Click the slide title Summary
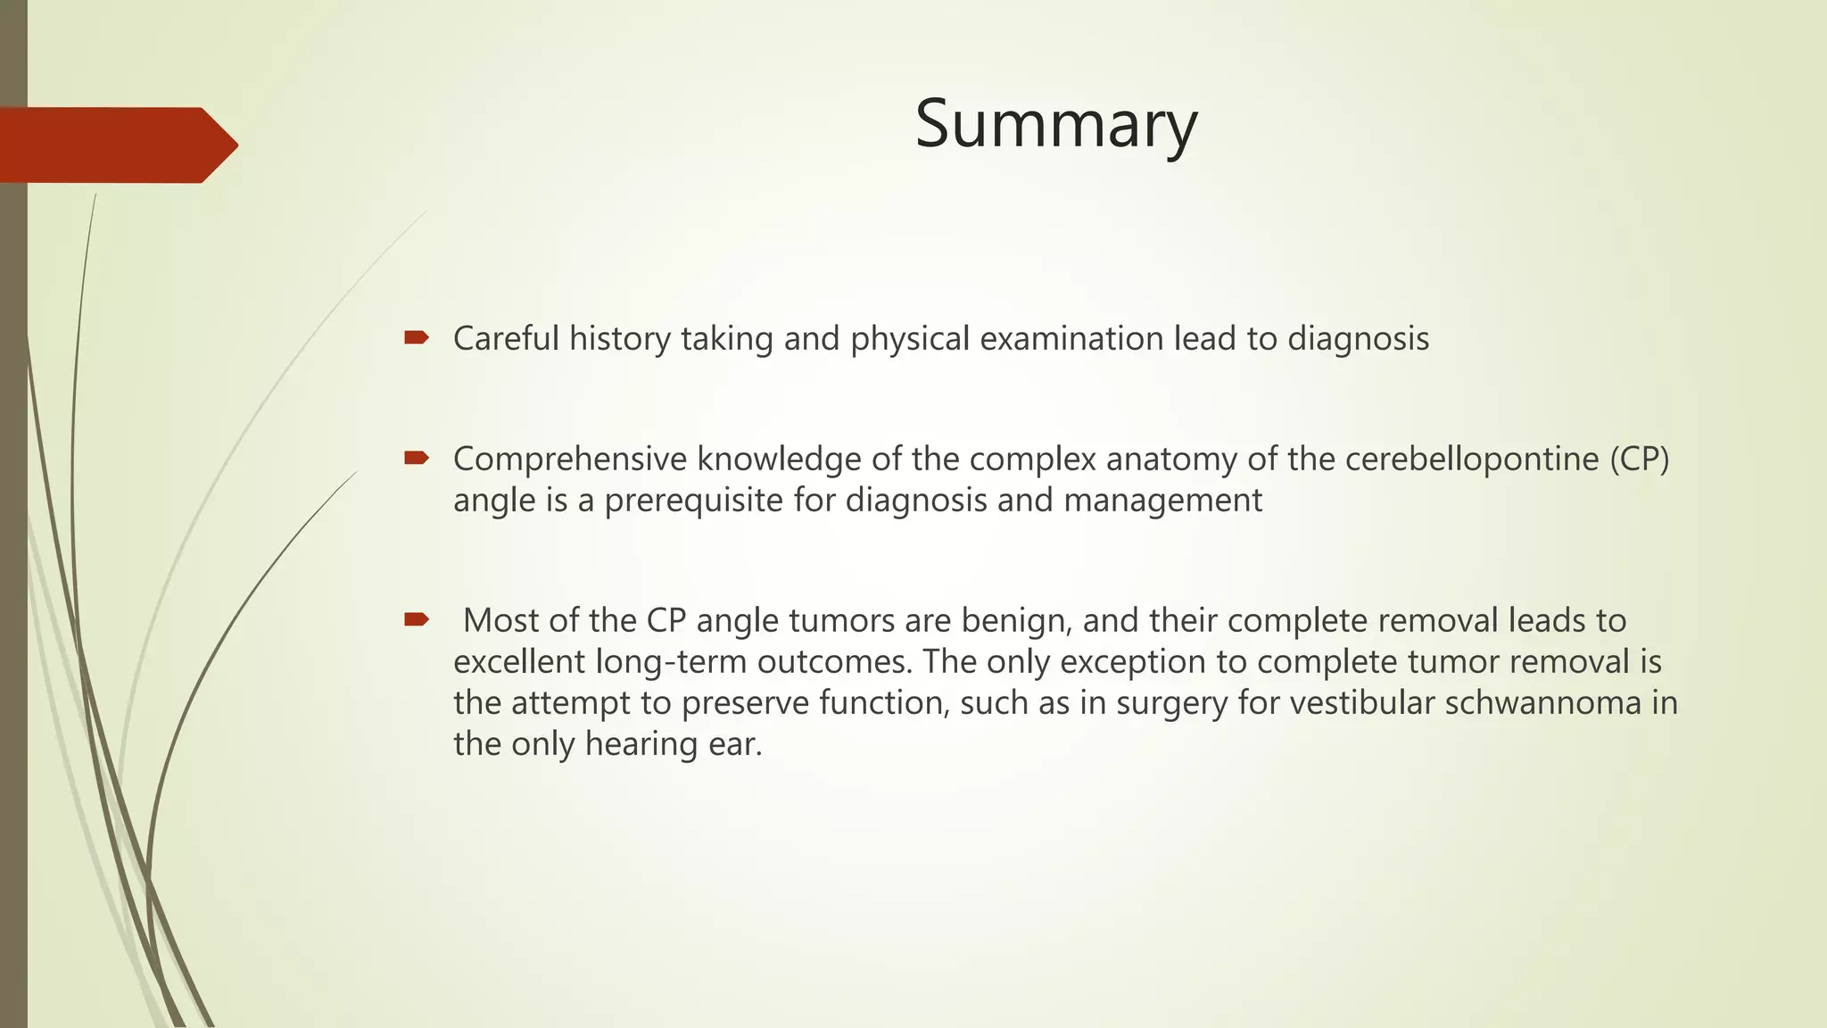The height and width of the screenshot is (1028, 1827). pos(1056,125)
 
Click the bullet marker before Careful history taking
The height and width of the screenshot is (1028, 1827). pos(416,337)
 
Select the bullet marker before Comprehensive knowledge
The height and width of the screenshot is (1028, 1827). pos(416,458)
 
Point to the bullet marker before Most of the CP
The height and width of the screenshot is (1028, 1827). pos(416,618)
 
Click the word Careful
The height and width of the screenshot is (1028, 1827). pos(506,339)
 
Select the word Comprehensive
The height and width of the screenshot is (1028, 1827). pos(569,460)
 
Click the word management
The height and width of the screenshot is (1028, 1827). pos(1162,501)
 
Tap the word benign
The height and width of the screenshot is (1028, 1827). pos(1016,621)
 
